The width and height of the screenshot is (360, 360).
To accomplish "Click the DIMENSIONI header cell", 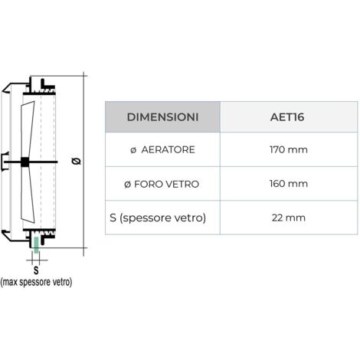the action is [x=162, y=117].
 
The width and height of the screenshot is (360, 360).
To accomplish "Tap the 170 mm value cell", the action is [x=289, y=149].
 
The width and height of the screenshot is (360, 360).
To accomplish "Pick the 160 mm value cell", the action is [x=289, y=184].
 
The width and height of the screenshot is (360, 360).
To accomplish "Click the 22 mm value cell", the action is [x=289, y=218].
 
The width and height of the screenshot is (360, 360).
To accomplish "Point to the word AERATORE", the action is [x=168, y=149].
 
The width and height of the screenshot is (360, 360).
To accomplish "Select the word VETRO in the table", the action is [x=182, y=184].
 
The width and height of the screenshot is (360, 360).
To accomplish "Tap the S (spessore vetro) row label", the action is [x=158, y=218].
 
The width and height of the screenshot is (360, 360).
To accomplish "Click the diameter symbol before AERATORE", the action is [x=133, y=150].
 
